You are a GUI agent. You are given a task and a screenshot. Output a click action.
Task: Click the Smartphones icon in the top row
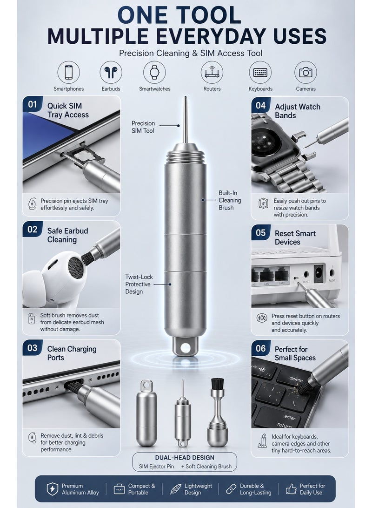[x=68, y=72]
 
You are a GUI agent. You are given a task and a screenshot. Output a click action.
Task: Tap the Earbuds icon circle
[x=111, y=72]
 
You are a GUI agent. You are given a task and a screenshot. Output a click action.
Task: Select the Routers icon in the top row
[x=212, y=72]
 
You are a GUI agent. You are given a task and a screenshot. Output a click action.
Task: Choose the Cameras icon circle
[x=306, y=72]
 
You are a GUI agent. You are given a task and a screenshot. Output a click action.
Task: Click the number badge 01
[x=33, y=104]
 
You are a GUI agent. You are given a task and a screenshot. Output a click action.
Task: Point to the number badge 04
[x=261, y=105]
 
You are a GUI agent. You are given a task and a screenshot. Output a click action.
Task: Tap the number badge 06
[x=261, y=348]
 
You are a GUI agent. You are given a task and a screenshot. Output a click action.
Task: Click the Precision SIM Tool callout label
[x=143, y=127]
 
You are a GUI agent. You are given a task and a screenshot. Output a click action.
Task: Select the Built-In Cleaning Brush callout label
[x=230, y=200]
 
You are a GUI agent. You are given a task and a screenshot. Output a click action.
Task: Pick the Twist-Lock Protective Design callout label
[x=139, y=284]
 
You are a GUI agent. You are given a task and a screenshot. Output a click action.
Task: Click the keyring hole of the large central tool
[x=186, y=348]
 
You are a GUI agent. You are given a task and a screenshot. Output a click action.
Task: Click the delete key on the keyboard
[x=296, y=379]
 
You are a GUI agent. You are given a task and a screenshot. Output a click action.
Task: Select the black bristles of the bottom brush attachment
[x=217, y=384]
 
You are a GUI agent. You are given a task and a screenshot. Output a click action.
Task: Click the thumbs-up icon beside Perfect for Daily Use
[x=291, y=489]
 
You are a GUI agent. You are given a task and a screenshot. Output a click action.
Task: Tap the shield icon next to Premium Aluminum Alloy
[x=53, y=489]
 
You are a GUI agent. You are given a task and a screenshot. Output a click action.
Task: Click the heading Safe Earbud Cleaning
[x=67, y=235]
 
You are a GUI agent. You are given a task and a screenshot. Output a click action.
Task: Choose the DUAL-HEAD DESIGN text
[x=185, y=457]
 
